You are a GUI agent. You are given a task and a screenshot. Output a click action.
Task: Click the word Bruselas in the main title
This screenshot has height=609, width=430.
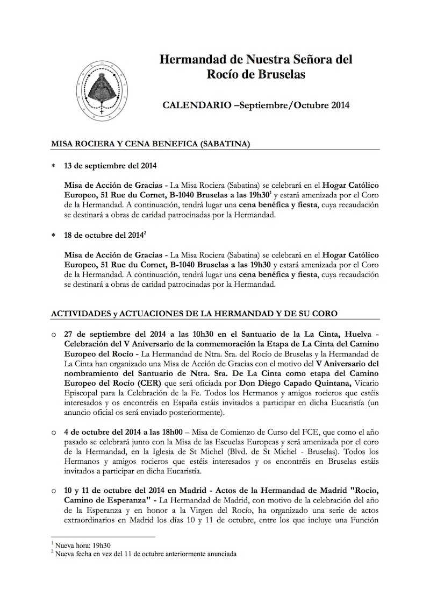(x=278, y=74)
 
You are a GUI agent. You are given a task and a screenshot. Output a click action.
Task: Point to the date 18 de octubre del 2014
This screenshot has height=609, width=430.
(x=104, y=236)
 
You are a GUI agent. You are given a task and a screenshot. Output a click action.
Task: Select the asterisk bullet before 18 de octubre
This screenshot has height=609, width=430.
(x=53, y=236)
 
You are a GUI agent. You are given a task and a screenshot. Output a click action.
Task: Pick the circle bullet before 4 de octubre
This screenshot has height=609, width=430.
(x=54, y=431)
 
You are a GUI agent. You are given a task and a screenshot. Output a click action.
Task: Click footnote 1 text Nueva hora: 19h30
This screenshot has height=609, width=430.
(x=77, y=545)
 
